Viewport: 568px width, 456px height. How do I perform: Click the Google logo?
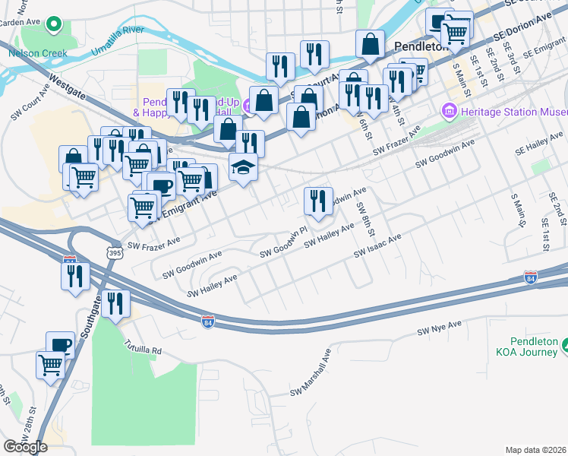25,447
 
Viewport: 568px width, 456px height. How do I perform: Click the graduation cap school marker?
244,168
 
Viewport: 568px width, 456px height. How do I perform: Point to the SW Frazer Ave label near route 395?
153,244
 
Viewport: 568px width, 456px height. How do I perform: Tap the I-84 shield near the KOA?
531,279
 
